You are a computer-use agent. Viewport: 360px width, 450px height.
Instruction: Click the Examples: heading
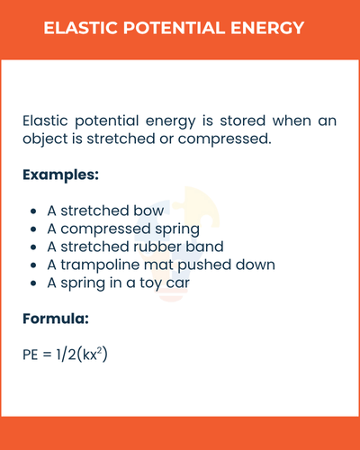tap(60, 174)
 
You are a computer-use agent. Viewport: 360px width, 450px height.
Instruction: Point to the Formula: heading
tap(56, 319)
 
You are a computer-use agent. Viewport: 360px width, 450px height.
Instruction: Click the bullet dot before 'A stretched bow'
tap(33, 211)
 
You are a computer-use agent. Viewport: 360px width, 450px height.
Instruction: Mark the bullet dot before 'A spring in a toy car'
tap(33, 283)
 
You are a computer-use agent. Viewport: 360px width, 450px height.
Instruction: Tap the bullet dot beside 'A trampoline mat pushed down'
tap(33, 265)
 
